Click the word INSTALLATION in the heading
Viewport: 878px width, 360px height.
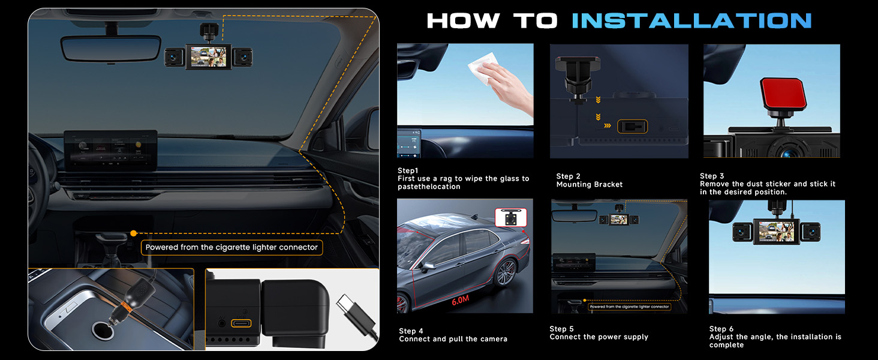pos(691,20)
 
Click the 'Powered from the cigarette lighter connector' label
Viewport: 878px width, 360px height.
pos(231,247)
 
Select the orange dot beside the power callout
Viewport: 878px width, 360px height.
pos(133,233)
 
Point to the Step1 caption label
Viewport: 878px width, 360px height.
pos(408,170)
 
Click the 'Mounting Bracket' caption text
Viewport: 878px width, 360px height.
pos(589,184)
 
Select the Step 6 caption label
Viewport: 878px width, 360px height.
pos(721,329)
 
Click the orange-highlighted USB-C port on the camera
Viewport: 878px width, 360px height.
pos(241,323)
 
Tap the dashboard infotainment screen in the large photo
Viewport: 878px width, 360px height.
pos(110,150)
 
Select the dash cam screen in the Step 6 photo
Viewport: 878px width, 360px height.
pos(775,232)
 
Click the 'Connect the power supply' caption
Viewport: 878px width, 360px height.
pos(599,337)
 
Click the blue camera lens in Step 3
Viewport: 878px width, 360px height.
pos(787,154)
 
